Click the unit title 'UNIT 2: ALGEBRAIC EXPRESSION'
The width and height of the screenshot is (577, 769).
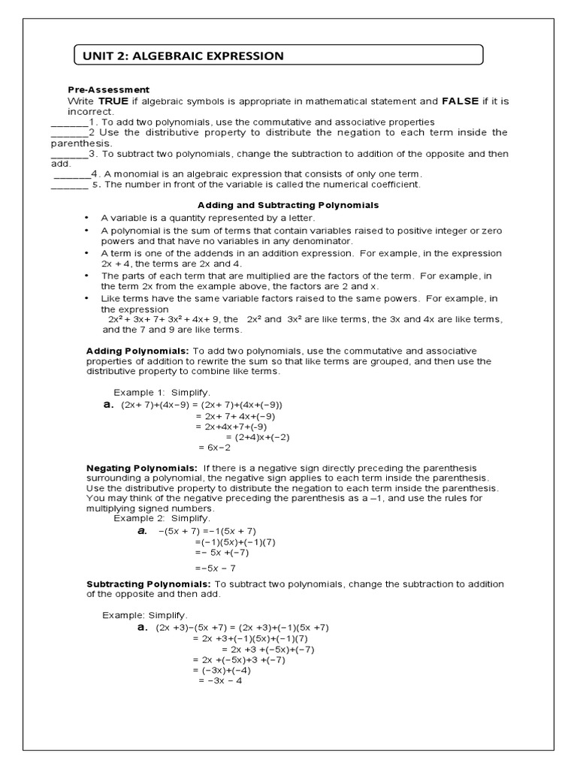pyautogui.click(x=178, y=56)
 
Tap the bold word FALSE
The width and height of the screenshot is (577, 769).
pyautogui.click(x=460, y=101)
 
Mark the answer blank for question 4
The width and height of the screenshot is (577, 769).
pyautogui.click(x=72, y=174)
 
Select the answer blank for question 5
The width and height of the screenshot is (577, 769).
pyautogui.click(x=69, y=185)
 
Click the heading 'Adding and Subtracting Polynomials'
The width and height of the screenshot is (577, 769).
pyautogui.click(x=288, y=204)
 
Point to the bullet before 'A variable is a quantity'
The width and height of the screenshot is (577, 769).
pyautogui.click(x=87, y=217)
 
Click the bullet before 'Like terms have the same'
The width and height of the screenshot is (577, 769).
pyautogui.click(x=87, y=298)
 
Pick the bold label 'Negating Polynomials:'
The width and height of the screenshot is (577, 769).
pyautogui.click(x=142, y=468)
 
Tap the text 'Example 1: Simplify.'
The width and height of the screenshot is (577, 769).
pyautogui.click(x=162, y=393)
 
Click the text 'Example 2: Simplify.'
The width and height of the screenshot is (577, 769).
pyautogui.click(x=162, y=518)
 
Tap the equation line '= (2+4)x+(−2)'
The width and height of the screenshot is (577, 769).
pyautogui.click(x=258, y=436)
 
